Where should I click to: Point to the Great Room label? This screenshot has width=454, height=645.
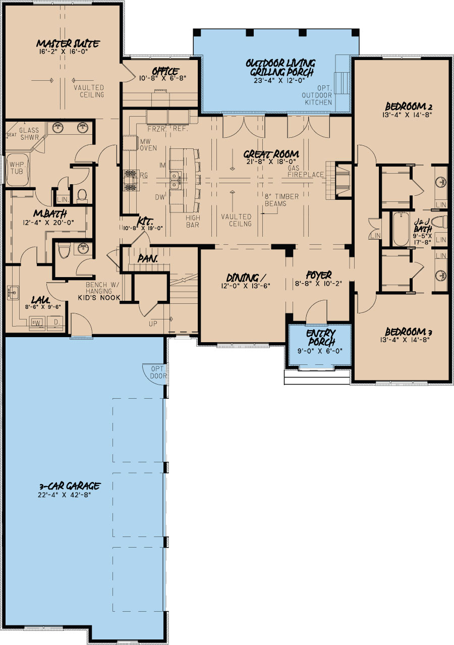pos(270,154)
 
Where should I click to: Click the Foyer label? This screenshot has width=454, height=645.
pos(319,275)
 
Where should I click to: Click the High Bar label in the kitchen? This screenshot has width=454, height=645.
pos(192,222)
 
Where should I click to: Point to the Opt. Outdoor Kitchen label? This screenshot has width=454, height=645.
pos(317,95)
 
